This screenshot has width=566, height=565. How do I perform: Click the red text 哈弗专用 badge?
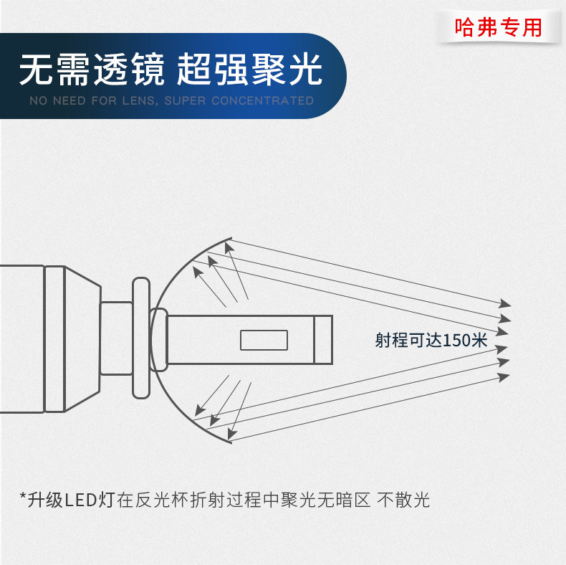499,27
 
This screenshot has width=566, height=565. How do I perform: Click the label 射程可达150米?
431,340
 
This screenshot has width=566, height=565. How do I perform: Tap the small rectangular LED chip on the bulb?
263,339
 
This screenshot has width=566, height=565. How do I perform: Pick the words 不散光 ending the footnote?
403,499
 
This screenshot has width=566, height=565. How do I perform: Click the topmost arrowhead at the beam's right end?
506,303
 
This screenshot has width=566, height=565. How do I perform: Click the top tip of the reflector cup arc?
230,237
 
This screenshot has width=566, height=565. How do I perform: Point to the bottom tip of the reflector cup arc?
230,442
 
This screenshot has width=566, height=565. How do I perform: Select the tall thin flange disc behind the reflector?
141,339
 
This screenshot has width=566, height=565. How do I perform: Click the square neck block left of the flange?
116,339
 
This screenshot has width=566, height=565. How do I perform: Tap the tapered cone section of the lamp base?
81,339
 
